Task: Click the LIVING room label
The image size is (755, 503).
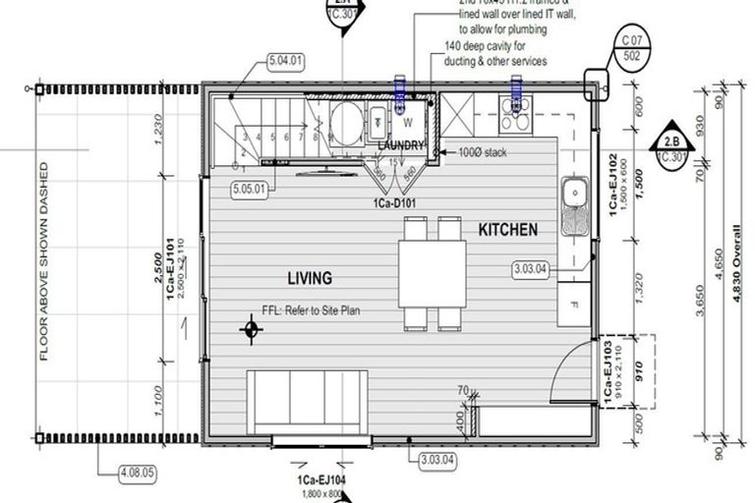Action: [x=309, y=278]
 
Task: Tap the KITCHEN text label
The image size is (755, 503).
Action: [x=507, y=230]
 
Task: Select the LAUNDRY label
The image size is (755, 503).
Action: [x=401, y=145]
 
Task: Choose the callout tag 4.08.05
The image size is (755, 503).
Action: [x=139, y=473]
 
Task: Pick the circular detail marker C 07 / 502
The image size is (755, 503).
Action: [x=631, y=48]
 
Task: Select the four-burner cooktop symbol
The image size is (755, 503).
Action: [x=514, y=116]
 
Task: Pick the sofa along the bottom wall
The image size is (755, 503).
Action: [x=307, y=400]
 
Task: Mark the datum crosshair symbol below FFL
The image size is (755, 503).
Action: [x=252, y=330]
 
